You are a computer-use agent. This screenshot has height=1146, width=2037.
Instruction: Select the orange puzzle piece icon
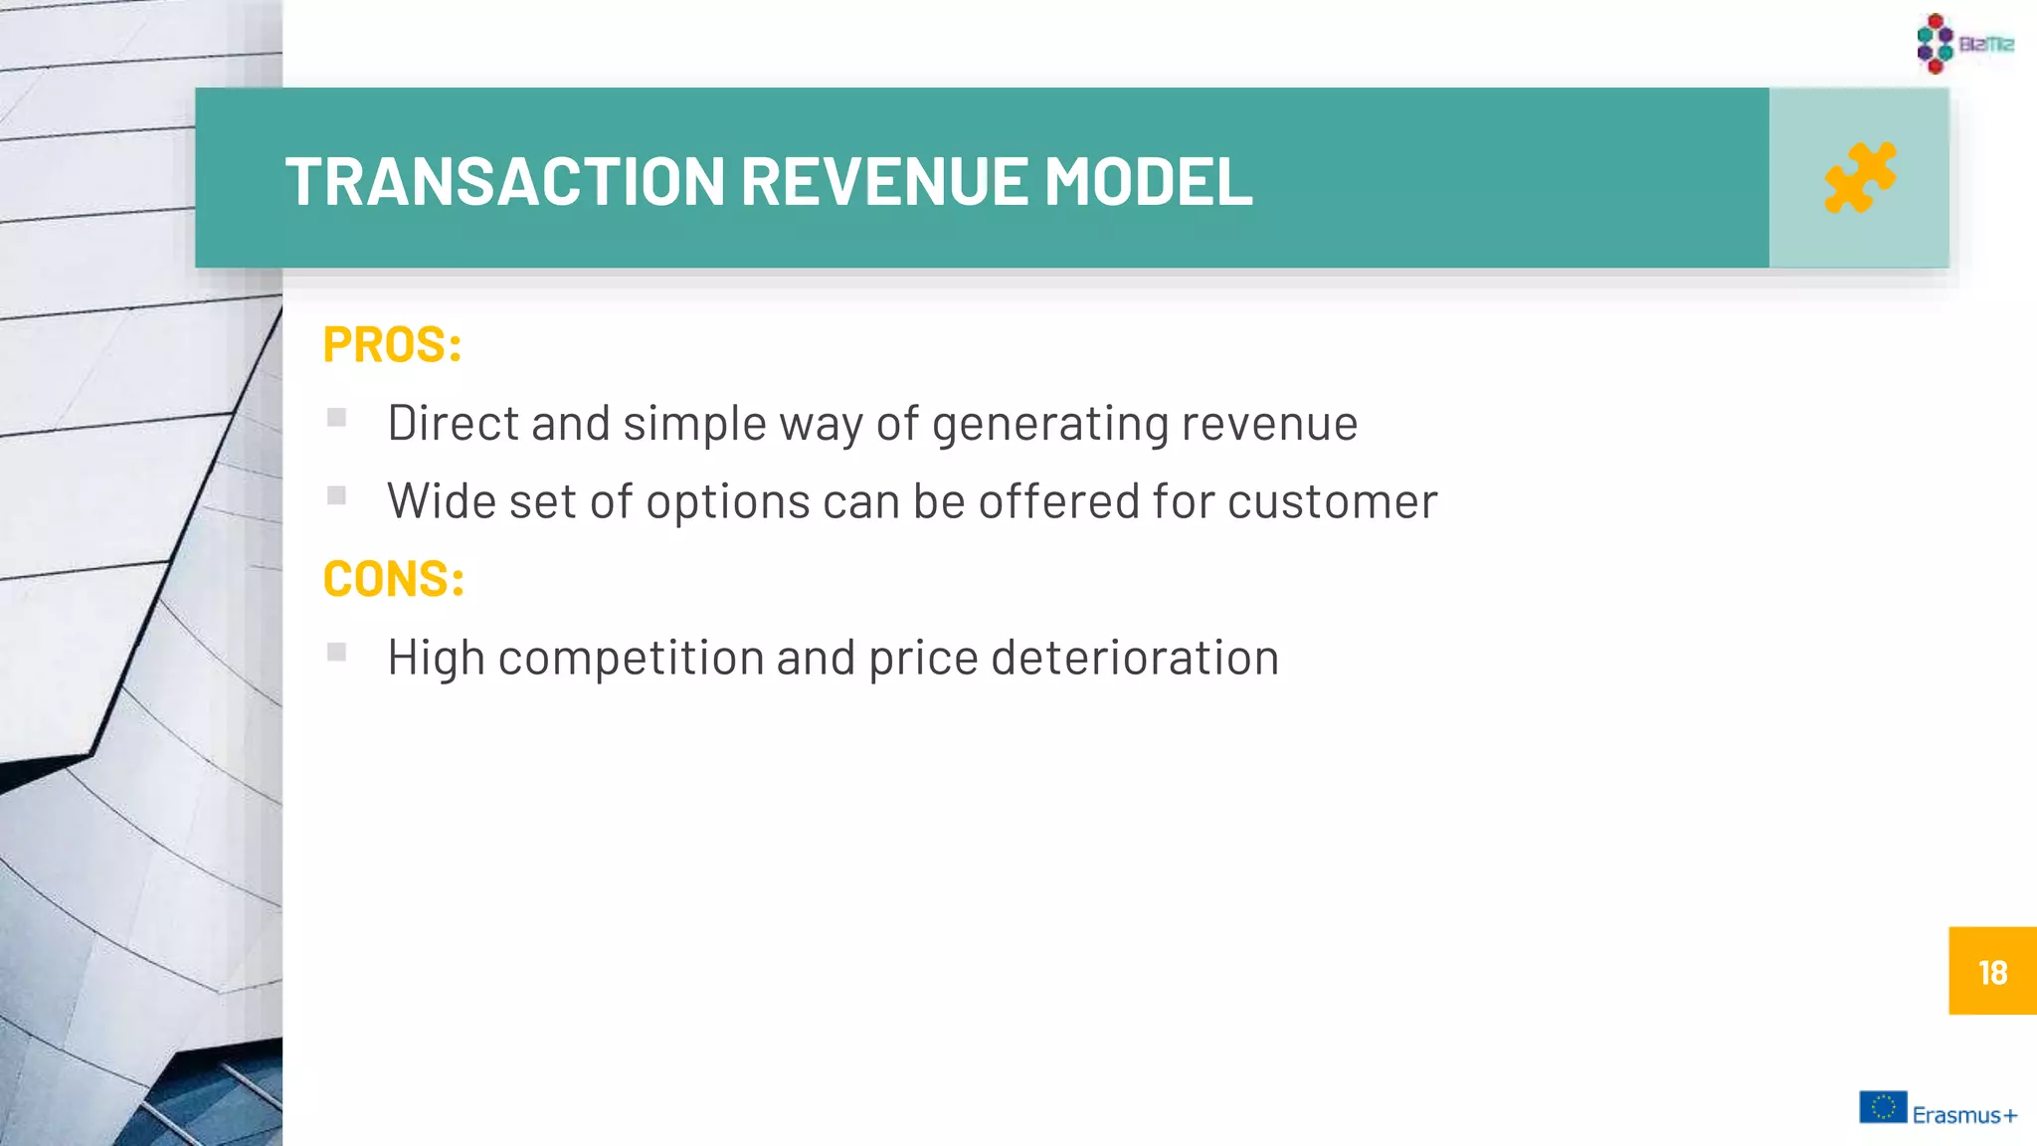[x=1859, y=178]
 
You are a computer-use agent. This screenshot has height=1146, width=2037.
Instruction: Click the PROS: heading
[x=392, y=345]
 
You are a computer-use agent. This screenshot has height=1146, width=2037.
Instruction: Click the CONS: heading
[x=394, y=579]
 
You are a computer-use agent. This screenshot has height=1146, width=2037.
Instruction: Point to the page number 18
[x=1992, y=972]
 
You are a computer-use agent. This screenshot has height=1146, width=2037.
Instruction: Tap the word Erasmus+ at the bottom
[x=1964, y=1115]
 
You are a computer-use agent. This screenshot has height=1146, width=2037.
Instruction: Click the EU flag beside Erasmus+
[x=1883, y=1107]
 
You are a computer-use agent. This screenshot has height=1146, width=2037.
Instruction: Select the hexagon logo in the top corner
[x=1936, y=43]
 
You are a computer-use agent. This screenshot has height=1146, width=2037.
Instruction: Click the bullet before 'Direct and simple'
[x=337, y=418]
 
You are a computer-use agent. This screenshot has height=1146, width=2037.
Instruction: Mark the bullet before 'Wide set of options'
[x=337, y=495]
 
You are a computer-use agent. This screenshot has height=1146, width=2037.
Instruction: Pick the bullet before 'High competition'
[x=337, y=653]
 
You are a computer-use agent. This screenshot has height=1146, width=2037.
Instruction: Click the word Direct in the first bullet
[x=453, y=423]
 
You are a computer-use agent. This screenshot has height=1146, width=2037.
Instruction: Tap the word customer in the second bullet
[x=1332, y=501]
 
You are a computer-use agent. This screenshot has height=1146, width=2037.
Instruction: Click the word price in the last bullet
[x=923, y=659]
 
